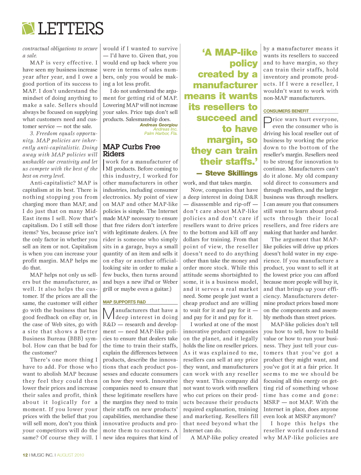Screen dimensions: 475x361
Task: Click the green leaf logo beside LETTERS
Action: (28, 28)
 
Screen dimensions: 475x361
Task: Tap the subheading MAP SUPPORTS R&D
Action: (124, 302)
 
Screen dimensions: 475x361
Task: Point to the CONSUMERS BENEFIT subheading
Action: (286, 111)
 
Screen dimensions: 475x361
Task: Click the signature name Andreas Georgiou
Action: (158, 125)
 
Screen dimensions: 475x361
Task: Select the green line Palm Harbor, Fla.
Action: (161, 133)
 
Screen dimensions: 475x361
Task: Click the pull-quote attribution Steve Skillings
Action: (231, 173)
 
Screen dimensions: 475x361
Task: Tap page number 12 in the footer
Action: (25, 455)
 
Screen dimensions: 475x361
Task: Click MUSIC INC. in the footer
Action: (42, 455)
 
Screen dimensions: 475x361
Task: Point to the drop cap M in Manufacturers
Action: (109, 314)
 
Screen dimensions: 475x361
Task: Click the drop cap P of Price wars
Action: (268, 122)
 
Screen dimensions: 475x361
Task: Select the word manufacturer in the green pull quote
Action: (225, 85)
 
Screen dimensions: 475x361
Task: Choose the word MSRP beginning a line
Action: (271, 402)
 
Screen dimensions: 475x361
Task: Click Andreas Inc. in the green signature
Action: (165, 129)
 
